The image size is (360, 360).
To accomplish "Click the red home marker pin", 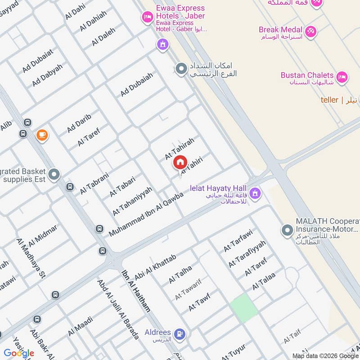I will (x=180, y=162).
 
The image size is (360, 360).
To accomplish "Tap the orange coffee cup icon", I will (x=42, y=135).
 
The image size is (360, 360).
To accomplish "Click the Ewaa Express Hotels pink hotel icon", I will (x=147, y=17).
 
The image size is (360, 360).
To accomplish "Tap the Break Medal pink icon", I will (x=310, y=31).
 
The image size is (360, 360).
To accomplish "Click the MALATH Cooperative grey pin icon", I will (x=287, y=231).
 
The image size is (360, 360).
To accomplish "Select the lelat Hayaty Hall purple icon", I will (x=255, y=193).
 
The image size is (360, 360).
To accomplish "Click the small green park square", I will (x=244, y=307).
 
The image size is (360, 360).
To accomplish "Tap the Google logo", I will (x=19, y=353).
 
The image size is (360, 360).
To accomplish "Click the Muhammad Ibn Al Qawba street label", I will (x=146, y=215).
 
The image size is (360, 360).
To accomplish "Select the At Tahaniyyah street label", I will (x=133, y=201).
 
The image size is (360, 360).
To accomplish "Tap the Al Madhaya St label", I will (x=31, y=260).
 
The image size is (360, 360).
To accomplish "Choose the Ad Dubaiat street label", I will (x=38, y=61).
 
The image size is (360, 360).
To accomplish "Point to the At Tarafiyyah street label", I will (x=247, y=254).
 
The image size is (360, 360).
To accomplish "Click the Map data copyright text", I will (x=325, y=355).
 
